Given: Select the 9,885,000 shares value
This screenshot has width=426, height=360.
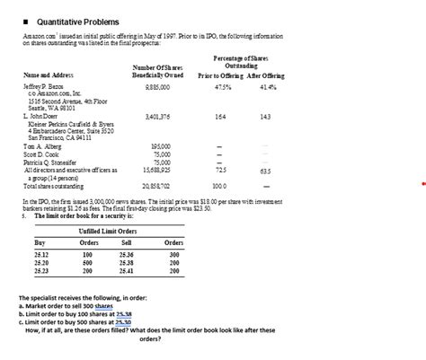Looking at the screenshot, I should tap(156, 87).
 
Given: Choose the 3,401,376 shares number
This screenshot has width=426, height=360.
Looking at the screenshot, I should tap(156, 117).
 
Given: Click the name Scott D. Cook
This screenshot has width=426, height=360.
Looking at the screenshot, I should tap(38, 154).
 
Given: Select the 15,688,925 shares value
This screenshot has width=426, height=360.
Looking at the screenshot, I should tap(155, 169).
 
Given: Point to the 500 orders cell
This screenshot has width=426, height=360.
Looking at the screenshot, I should tap(87, 264).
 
